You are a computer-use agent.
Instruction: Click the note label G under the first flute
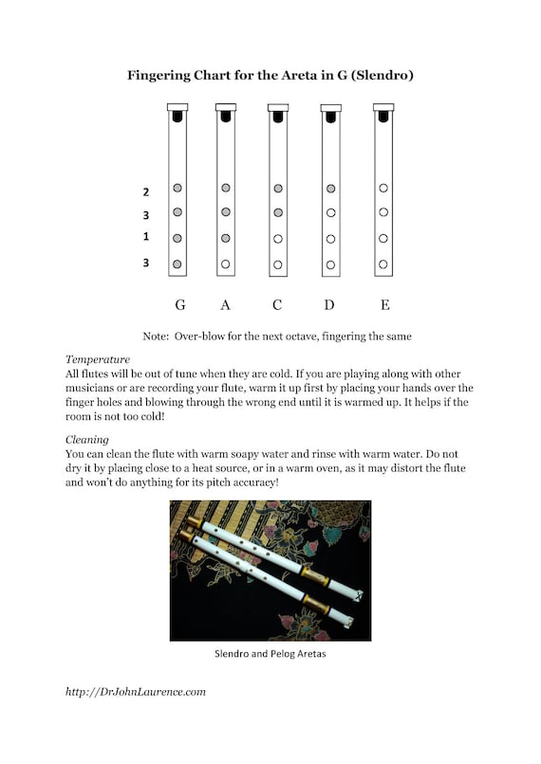(x=180, y=305)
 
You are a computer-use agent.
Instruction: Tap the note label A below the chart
(x=225, y=305)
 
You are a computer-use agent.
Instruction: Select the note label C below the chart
(x=278, y=305)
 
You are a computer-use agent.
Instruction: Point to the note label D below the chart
(x=330, y=305)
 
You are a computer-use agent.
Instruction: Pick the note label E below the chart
(x=383, y=305)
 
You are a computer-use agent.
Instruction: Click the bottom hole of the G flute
(x=177, y=264)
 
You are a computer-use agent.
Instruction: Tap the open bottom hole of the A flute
(x=225, y=264)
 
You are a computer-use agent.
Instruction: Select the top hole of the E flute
(x=383, y=189)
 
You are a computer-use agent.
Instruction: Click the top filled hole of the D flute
(x=330, y=189)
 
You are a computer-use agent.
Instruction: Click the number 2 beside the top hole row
(x=145, y=191)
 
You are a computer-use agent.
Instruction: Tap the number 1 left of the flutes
(x=145, y=237)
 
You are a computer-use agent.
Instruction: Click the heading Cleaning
(x=88, y=440)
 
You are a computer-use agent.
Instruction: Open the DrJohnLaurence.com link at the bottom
(x=136, y=692)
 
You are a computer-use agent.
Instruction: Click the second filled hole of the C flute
(x=278, y=212)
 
